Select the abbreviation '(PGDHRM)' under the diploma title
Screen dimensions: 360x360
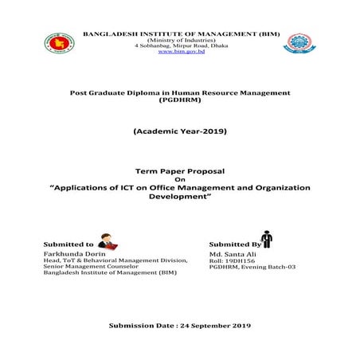(180, 101)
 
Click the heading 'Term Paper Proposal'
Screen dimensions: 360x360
(180, 171)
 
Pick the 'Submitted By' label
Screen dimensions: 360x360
(233, 244)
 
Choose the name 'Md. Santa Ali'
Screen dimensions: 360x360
(229, 253)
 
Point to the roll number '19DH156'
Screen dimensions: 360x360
(239, 260)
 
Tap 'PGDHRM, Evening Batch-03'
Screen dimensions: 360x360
(252, 267)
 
